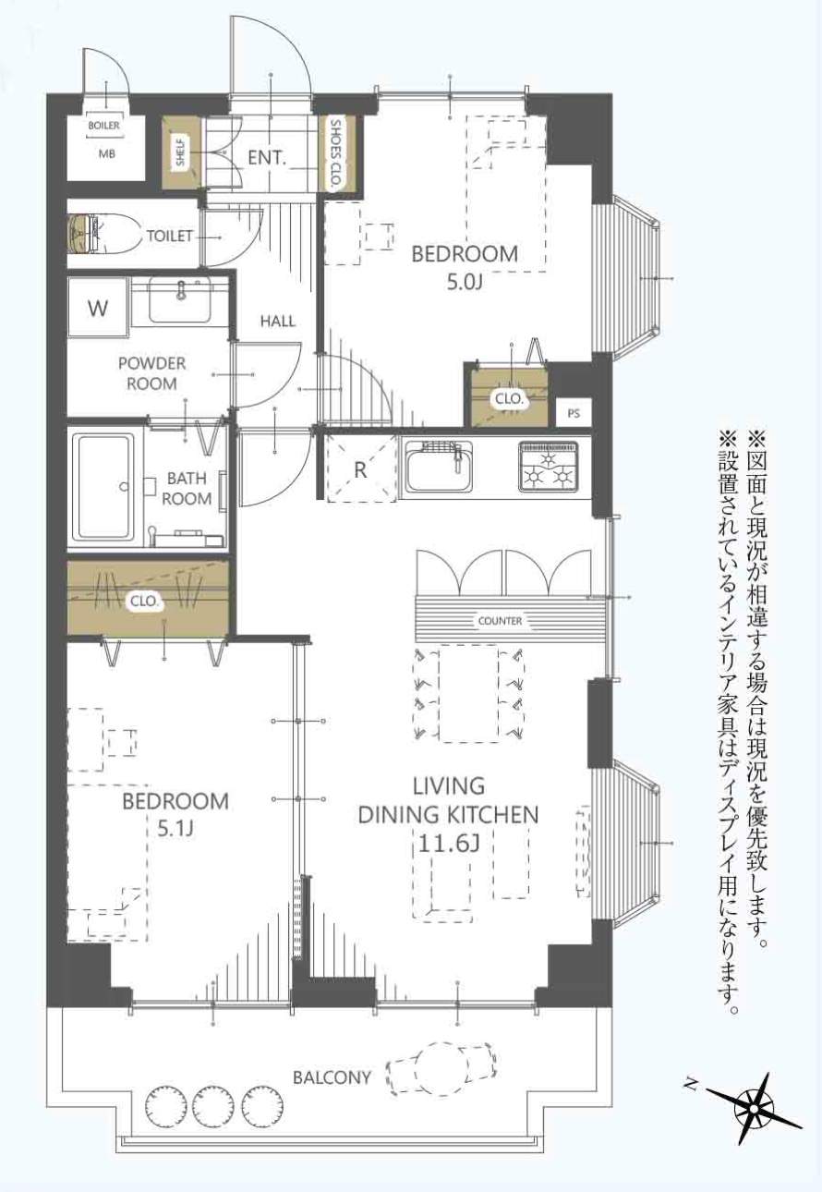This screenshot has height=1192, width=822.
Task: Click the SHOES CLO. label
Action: [x=335, y=153]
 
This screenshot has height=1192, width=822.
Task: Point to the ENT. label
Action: [x=267, y=159]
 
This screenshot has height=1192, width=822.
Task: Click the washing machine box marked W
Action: [x=96, y=309]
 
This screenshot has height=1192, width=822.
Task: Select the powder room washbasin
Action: [x=180, y=300]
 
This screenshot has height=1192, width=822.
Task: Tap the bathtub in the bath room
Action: [x=104, y=485]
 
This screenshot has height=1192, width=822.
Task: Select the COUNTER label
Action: [x=500, y=620]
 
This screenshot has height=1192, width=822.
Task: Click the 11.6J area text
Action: [x=448, y=843]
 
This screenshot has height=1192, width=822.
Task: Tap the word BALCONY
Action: [x=332, y=1077]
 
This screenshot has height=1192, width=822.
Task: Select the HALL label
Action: [x=277, y=322]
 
